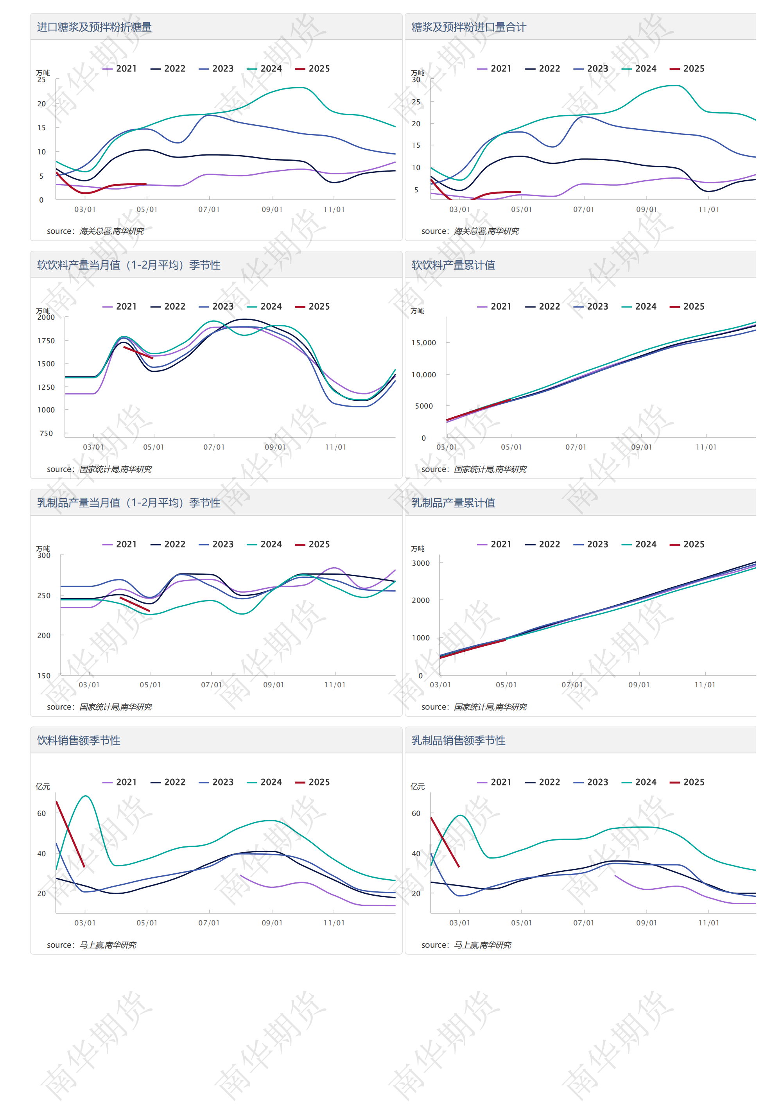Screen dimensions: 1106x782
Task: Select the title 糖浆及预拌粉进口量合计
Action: [x=468, y=27]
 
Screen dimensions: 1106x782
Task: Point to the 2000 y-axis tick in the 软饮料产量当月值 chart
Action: [x=46, y=317]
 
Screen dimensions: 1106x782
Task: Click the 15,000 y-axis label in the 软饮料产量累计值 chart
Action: [x=423, y=343]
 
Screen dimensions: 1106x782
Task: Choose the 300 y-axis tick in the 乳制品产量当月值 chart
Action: [x=44, y=556]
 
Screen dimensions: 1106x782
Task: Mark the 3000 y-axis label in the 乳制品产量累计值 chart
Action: [x=421, y=563]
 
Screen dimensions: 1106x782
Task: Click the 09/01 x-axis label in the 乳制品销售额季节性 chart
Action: [x=646, y=923]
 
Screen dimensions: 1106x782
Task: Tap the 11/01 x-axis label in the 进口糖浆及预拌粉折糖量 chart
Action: [x=334, y=210]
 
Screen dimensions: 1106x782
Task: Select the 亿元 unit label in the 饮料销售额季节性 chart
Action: [x=43, y=787]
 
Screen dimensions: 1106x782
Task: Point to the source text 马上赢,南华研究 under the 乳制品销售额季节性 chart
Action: [x=482, y=945]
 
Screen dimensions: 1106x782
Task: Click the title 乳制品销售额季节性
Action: [x=458, y=741]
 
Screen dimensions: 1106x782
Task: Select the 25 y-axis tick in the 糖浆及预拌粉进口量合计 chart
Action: [x=416, y=102]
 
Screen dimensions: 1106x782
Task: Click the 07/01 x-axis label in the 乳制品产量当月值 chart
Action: [x=212, y=685]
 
